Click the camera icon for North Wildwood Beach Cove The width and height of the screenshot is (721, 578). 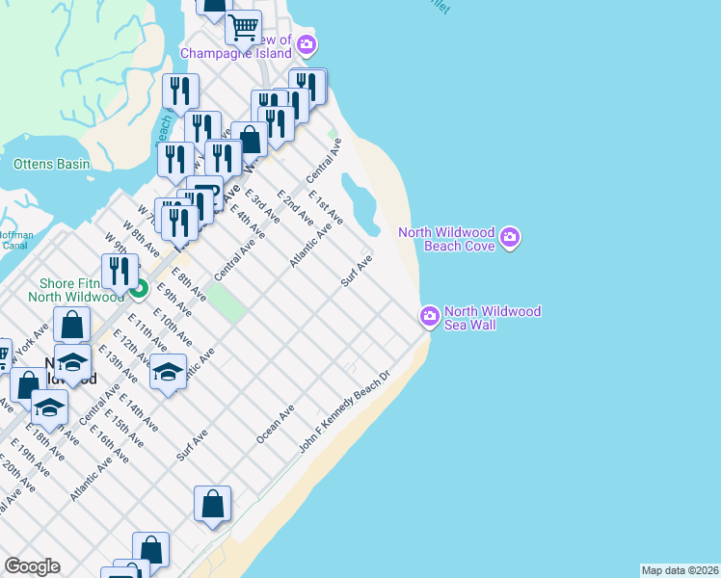pos(511,237)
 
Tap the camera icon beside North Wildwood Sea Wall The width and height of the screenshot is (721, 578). pos(430,315)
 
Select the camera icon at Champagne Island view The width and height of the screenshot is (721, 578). pos(307,44)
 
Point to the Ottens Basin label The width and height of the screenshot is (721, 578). pos(51,164)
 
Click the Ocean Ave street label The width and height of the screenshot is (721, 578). pos(275,424)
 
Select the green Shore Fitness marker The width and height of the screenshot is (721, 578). pos(139,287)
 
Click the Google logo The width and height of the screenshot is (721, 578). pos(32,566)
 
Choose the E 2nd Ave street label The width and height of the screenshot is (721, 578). pos(295,207)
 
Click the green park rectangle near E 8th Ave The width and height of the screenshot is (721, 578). pos(226,304)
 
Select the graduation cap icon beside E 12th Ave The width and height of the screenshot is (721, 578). pos(168,372)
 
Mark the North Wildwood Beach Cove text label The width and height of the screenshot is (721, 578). pos(448,239)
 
